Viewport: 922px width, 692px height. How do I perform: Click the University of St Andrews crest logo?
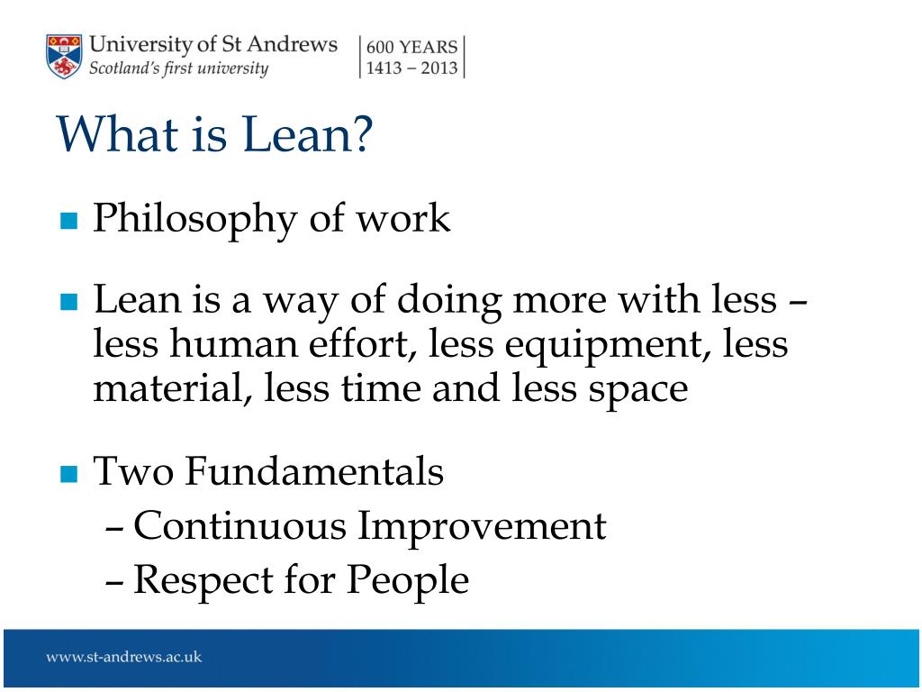coord(64,57)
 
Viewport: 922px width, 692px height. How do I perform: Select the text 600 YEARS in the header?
coord(411,47)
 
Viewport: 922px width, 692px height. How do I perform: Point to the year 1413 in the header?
coord(384,68)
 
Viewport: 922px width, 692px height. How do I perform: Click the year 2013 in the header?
coord(438,68)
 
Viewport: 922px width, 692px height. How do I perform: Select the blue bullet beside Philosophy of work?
coord(68,221)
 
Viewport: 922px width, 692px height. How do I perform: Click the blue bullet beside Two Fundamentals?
coord(68,474)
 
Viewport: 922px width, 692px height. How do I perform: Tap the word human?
coord(234,343)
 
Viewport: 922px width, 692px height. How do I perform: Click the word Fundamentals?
coord(314,471)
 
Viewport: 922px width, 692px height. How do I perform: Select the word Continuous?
coord(240,525)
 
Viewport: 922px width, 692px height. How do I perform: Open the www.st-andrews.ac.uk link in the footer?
coord(124,657)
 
